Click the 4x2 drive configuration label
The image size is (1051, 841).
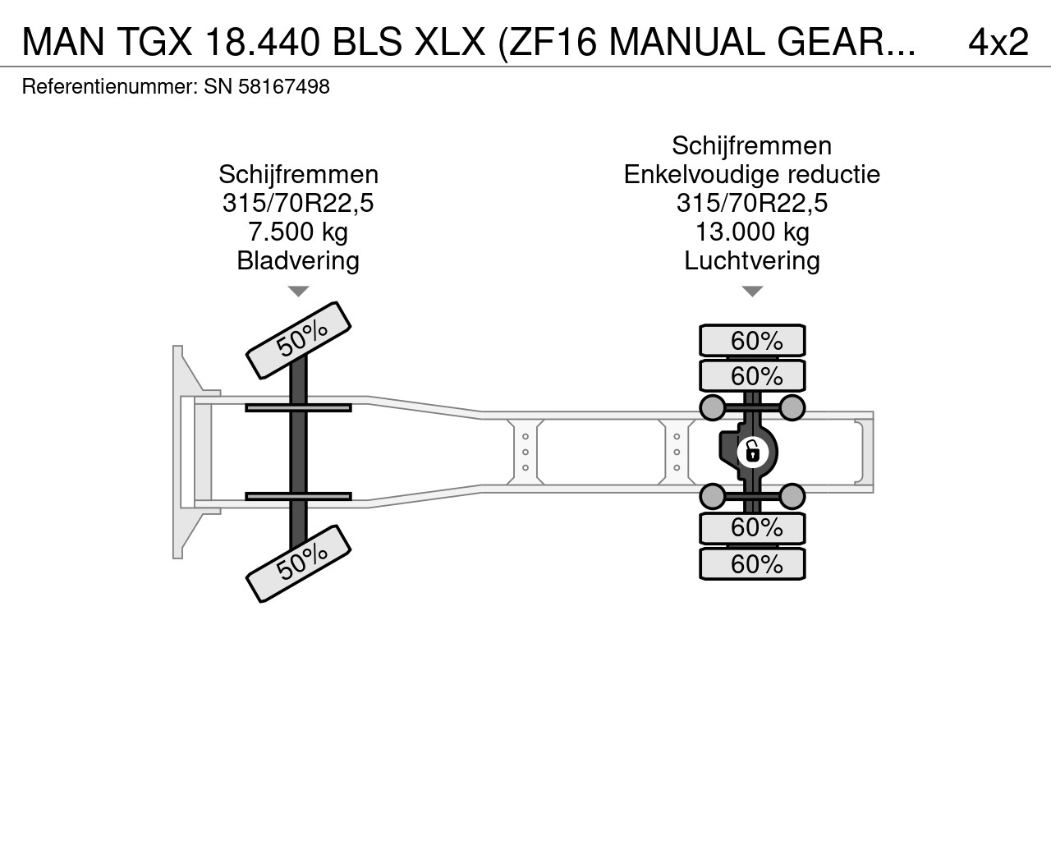click(x=998, y=42)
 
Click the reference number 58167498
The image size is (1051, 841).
click(x=284, y=87)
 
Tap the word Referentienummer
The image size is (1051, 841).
click(x=109, y=87)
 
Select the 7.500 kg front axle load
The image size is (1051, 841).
click(x=298, y=232)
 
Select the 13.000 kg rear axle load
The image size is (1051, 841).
click(x=752, y=232)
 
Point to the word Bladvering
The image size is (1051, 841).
click(x=298, y=260)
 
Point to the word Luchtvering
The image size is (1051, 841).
click(x=752, y=260)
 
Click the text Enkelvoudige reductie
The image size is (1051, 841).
click(x=752, y=174)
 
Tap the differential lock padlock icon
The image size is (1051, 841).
click(x=753, y=453)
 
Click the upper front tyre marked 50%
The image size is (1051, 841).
click(x=298, y=340)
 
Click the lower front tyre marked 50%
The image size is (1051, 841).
click(x=298, y=563)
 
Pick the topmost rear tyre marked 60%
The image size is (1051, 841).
click(x=753, y=340)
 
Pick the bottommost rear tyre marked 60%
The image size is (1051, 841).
click(x=753, y=564)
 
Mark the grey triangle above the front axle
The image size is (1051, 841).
click(x=298, y=292)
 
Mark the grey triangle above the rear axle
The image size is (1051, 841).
click(x=753, y=292)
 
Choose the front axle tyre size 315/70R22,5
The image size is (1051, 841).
click(x=298, y=203)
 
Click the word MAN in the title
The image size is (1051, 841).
click(x=63, y=42)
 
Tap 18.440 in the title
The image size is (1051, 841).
click(x=263, y=42)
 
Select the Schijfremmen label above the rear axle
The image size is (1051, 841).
click(x=752, y=145)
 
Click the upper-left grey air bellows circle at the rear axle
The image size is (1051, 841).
click(x=713, y=407)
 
